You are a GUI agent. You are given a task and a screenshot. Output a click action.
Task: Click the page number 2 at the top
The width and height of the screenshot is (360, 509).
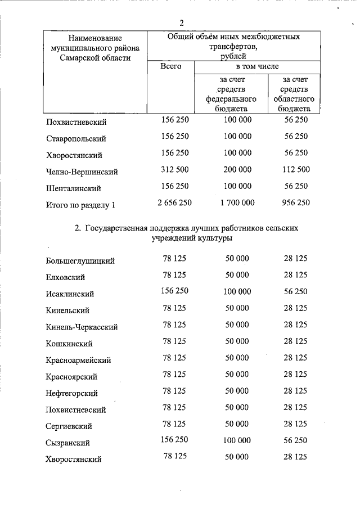point(182,23)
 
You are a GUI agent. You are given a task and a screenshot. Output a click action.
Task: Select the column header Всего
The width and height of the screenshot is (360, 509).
point(170,66)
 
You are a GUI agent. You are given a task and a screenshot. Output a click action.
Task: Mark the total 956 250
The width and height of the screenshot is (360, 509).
point(295,202)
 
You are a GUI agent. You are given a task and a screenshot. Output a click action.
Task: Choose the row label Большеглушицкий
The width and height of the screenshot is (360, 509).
point(80,260)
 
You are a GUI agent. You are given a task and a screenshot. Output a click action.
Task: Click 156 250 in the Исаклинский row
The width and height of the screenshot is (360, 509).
point(174,291)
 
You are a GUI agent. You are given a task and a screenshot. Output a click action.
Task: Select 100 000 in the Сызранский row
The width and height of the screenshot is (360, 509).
point(237,440)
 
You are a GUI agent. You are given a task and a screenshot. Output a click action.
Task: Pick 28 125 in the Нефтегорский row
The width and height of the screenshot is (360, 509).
point(295,391)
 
